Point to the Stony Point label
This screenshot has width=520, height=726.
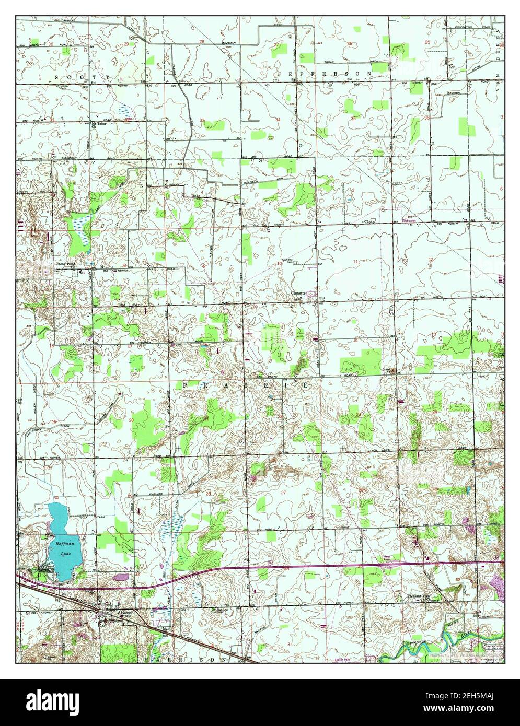click(x=66, y=265)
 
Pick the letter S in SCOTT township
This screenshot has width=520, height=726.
click(x=57, y=77)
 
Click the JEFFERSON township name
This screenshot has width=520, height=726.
click(x=325, y=74)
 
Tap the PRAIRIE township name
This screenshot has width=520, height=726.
click(x=246, y=385)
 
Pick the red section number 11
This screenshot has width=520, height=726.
click(x=355, y=261)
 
